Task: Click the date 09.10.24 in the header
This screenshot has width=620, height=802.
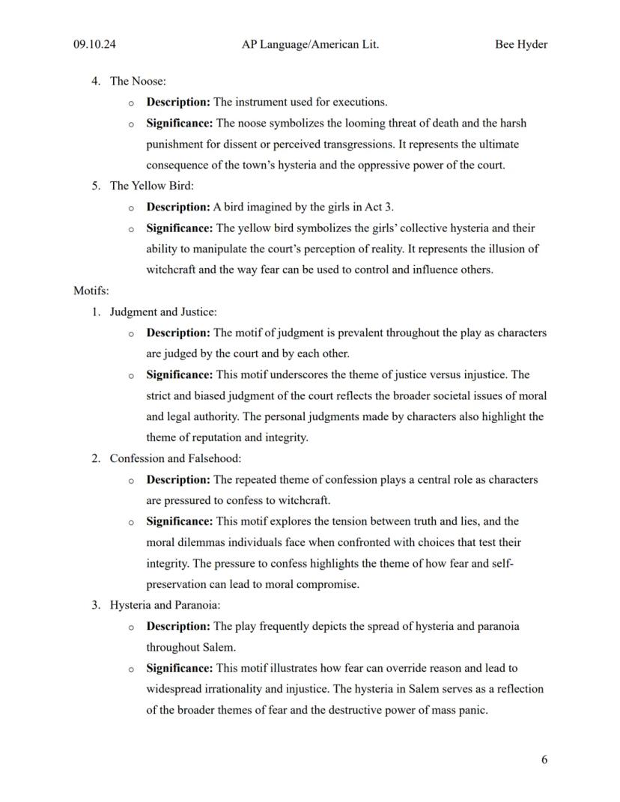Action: (x=94, y=44)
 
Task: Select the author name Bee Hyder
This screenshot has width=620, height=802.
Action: (x=520, y=44)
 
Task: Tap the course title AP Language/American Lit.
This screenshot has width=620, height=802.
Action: (x=310, y=44)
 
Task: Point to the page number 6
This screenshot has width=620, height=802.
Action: (x=544, y=759)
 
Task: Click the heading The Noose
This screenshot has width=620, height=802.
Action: (x=138, y=81)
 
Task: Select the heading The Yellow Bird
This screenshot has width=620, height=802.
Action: (x=151, y=186)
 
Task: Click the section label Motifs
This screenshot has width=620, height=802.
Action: (x=91, y=291)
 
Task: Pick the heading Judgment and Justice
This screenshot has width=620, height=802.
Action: (x=163, y=312)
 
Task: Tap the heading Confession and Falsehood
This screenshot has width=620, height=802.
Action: (x=175, y=458)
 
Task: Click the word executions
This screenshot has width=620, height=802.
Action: (x=359, y=102)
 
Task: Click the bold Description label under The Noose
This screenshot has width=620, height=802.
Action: (x=178, y=102)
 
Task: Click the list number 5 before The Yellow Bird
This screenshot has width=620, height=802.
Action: (x=96, y=186)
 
